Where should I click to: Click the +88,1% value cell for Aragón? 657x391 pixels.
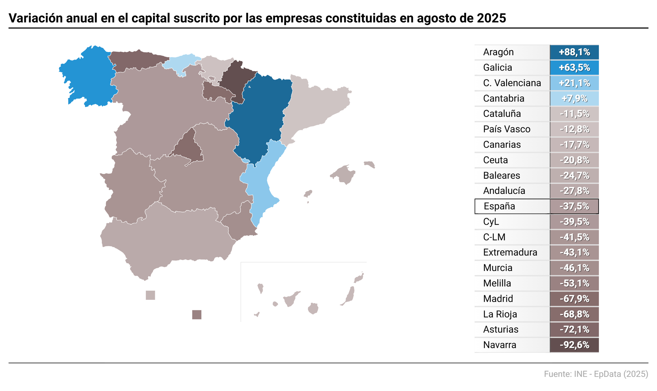coord(574,52)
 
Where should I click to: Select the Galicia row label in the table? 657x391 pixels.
coord(498,67)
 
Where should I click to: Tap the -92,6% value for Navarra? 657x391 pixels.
coord(574,345)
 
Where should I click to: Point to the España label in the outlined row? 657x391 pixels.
coord(499,206)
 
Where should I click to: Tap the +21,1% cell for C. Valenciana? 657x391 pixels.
coord(574,83)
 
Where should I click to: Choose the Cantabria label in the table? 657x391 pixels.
coord(503,98)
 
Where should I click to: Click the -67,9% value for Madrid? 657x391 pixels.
coord(574,299)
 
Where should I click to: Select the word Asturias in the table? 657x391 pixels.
coord(500,329)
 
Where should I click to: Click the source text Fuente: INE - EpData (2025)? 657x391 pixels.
coord(596,374)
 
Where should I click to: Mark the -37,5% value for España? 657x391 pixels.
coord(574,206)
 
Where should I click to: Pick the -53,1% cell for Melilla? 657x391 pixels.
coord(574,283)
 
